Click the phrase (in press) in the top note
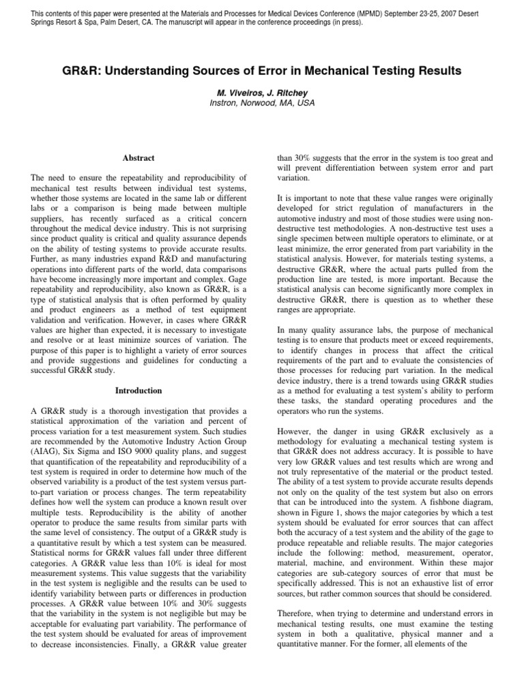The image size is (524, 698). tap(343, 22)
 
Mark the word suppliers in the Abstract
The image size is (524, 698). tap(51, 222)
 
